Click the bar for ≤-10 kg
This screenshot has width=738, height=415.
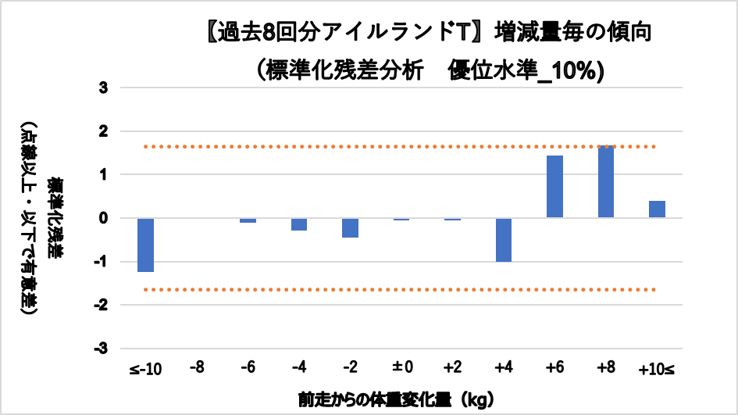click(145, 245)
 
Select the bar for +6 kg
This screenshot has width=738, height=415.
click(554, 187)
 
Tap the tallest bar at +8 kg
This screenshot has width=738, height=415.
click(605, 182)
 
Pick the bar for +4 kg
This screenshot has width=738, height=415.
click(504, 240)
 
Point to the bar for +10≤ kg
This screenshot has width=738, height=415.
click(657, 209)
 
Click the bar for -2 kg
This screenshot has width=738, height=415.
click(350, 227)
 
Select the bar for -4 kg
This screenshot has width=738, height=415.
click(299, 224)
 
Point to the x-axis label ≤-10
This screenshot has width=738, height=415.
click(145, 368)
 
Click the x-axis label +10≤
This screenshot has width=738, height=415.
click(657, 368)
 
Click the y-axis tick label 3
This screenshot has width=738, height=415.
click(103, 88)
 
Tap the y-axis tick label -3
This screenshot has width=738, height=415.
click(102, 348)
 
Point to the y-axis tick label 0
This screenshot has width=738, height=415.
click(103, 218)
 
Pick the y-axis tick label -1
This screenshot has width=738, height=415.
click(102, 262)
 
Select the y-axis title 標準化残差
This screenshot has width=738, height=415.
click(55, 218)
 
